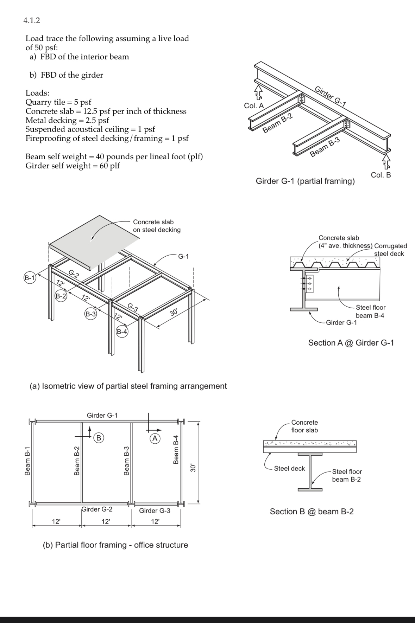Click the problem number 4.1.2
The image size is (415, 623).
32,20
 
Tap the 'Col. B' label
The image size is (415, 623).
381,175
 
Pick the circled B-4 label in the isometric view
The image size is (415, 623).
122,331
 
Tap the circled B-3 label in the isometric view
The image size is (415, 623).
91,314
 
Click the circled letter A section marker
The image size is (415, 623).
155,438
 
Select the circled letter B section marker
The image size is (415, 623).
99,438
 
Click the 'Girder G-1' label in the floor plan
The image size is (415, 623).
102,415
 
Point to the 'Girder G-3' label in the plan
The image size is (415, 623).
155,510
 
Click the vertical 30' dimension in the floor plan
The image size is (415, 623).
192,468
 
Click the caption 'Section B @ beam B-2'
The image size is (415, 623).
312,512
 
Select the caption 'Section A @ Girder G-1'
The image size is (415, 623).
351,343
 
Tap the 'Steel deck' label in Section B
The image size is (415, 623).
289,468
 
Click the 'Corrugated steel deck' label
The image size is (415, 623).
390,250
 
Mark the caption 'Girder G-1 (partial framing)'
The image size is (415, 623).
305,181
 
